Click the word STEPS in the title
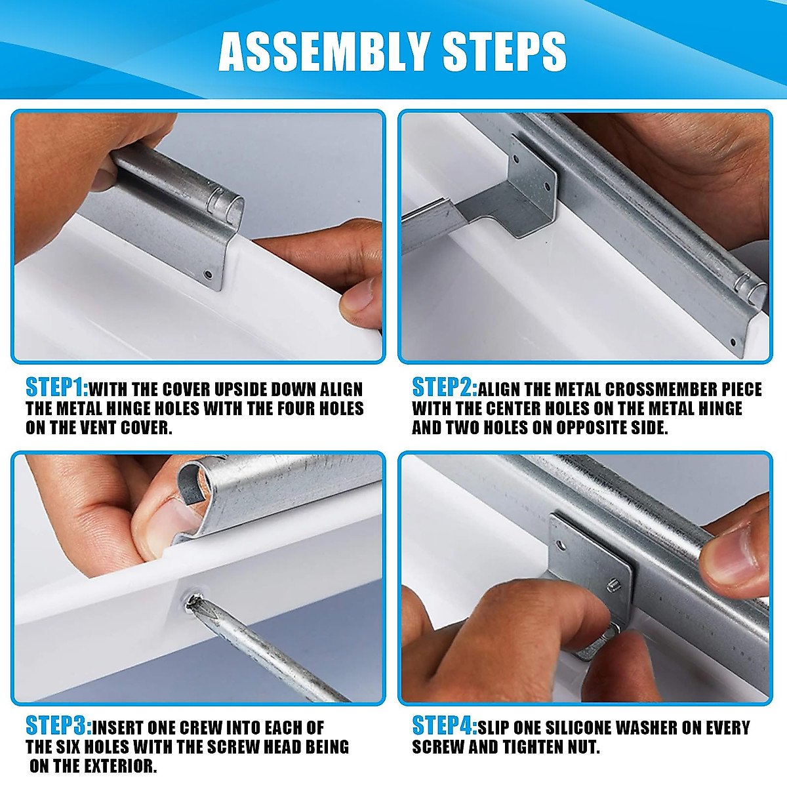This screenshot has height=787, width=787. pyautogui.click(x=504, y=52)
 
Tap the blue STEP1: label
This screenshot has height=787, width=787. pyautogui.click(x=57, y=388)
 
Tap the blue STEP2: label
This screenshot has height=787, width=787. pyautogui.click(x=445, y=388)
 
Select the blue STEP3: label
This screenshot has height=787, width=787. pyautogui.click(x=59, y=726)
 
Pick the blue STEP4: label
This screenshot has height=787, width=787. pyautogui.click(x=445, y=726)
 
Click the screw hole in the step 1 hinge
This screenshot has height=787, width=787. pyautogui.click(x=209, y=274)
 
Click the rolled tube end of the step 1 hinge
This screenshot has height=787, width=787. pyautogui.click(x=230, y=209)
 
